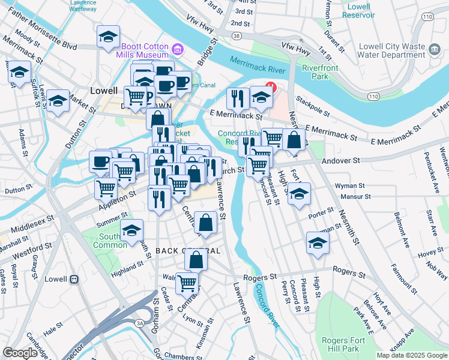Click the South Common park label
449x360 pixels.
coord(104,241)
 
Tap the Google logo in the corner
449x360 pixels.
coord(20,353)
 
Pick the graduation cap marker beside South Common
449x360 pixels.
coord(131,230)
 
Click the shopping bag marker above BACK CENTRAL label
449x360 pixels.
coord(205,222)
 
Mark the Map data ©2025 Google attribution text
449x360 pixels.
coord(411,355)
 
